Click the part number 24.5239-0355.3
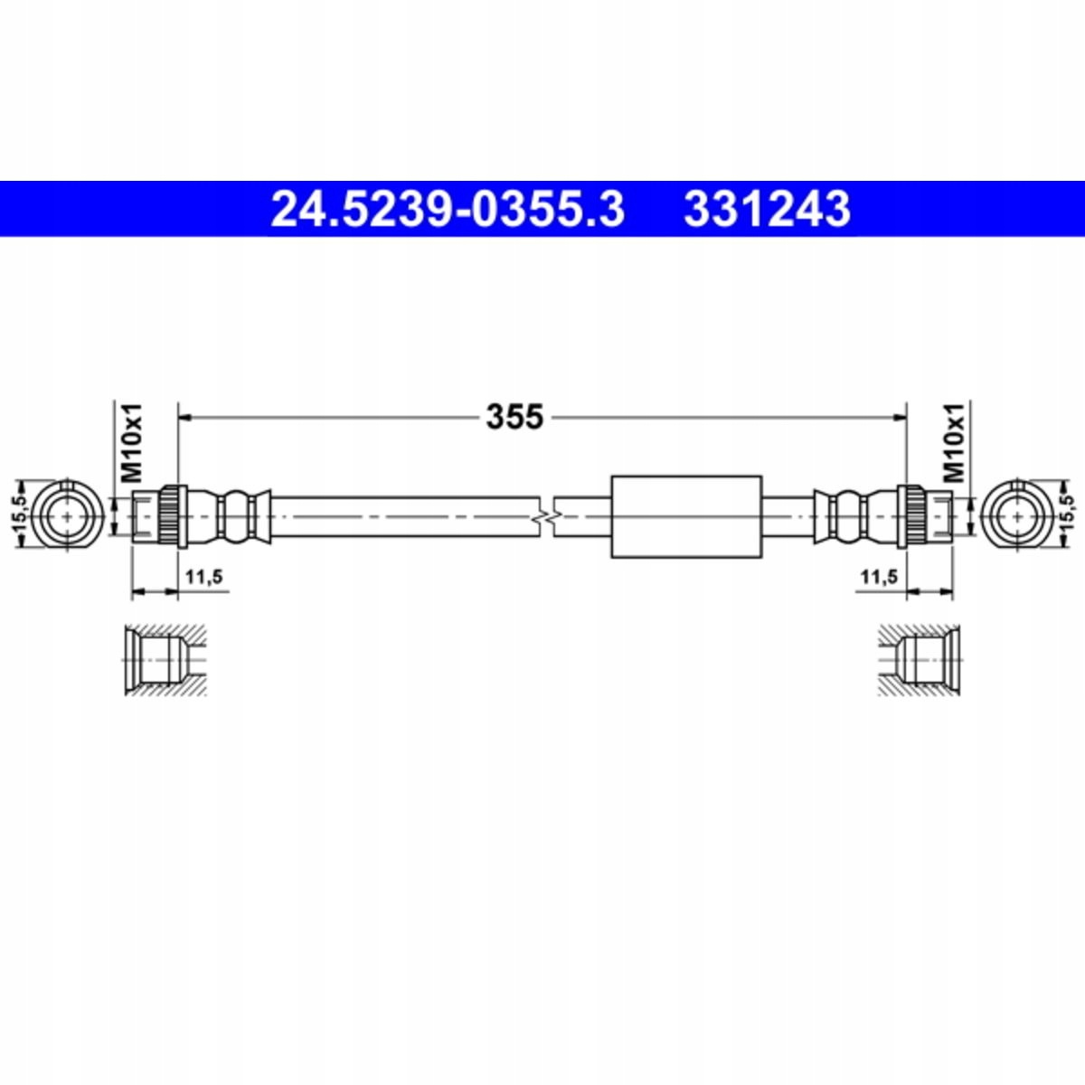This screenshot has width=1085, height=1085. coord(448,209)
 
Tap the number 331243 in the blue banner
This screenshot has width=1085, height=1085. coord(767,209)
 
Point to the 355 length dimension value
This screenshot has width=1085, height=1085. coord(514,417)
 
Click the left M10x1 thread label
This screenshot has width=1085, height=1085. coord(132,442)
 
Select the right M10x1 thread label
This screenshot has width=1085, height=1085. coord(954,442)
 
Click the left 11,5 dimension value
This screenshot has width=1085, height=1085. coord(203,576)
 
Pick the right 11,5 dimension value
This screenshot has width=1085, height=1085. coord(879,576)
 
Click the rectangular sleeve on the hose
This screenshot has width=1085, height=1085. coord(686,516)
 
